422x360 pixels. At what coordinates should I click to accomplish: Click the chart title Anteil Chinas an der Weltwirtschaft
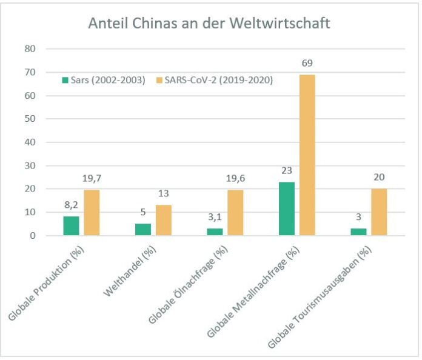point(209,24)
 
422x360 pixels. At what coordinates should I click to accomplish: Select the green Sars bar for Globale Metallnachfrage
point(287,208)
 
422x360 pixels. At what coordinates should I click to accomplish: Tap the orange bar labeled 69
point(307,155)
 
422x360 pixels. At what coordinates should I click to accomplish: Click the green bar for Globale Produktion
point(71,225)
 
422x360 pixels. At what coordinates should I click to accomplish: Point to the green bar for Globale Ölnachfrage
point(215,232)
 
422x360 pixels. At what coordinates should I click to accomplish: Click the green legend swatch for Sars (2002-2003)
point(64,80)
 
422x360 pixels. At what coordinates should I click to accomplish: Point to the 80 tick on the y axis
point(30,49)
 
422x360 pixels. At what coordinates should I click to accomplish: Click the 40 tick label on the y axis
point(30,142)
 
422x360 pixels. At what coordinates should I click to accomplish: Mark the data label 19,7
point(92,178)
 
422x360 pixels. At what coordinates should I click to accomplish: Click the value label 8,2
point(71,205)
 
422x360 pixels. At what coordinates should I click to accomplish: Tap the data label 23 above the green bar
point(287,170)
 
